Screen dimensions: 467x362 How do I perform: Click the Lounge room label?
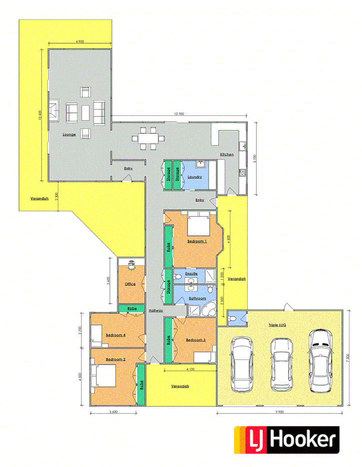[69, 134]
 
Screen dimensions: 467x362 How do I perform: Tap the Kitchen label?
[226, 154]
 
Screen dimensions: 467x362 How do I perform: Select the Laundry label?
[194, 177]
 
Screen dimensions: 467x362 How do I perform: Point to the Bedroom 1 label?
[197, 242]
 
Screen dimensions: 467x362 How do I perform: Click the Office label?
[130, 284]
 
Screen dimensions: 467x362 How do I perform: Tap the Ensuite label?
[190, 274]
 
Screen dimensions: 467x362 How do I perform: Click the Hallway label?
[155, 311]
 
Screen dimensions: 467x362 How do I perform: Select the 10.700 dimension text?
[178, 114]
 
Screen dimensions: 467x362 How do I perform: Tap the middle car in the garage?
[281, 363]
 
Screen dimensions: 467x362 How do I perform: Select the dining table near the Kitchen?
[148, 138]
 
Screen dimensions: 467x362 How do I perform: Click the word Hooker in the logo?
[303, 439]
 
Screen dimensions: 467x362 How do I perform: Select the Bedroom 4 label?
[116, 335]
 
